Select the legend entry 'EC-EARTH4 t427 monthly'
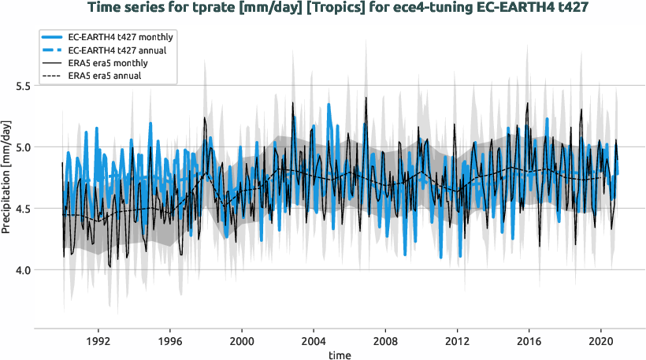click(121, 37)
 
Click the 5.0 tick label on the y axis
click(22, 147)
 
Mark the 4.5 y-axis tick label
click(22, 208)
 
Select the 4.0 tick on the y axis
click(22, 269)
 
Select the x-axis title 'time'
click(340, 355)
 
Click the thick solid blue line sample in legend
click(60, 37)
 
